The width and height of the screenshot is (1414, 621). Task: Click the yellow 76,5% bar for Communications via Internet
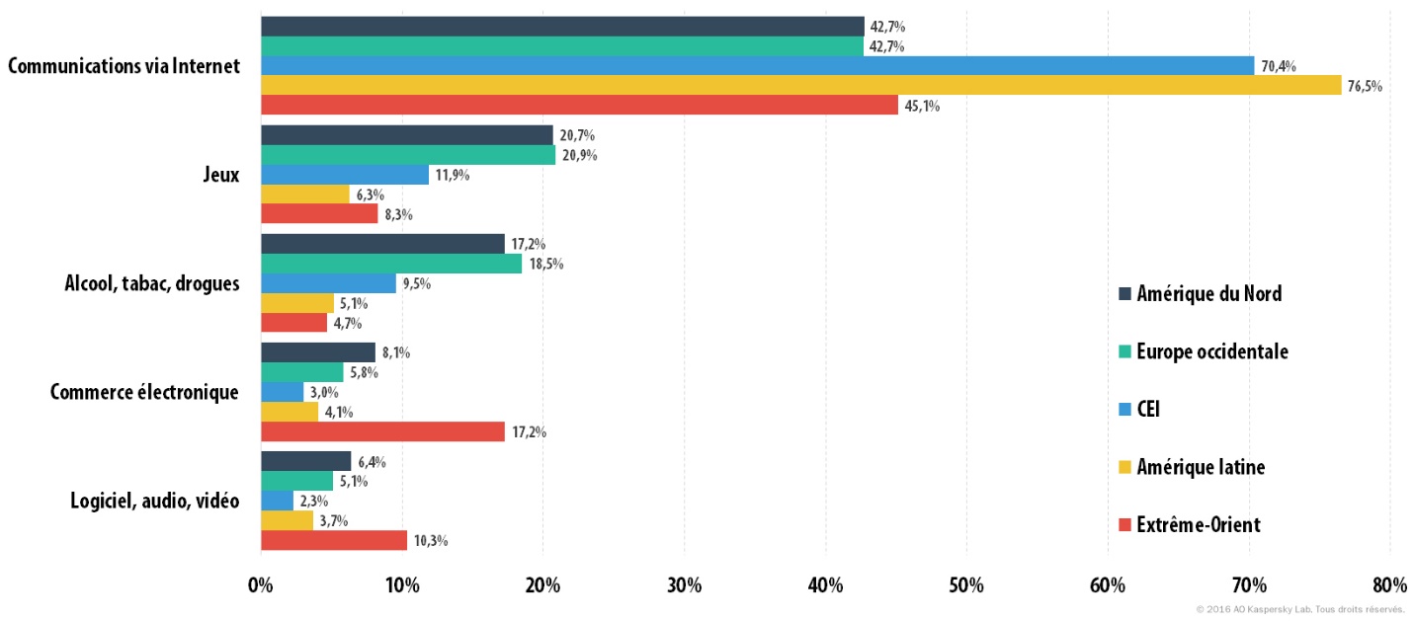(801, 85)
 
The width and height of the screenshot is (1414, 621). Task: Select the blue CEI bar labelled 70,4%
(758, 65)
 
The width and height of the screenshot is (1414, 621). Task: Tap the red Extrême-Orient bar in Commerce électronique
(383, 431)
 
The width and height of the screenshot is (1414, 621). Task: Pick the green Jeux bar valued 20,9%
(408, 155)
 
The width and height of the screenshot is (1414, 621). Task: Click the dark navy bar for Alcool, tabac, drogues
(383, 244)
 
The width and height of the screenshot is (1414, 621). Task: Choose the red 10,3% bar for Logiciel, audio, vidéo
(334, 540)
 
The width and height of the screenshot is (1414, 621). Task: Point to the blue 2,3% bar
(277, 501)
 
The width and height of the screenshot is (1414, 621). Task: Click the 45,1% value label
(922, 106)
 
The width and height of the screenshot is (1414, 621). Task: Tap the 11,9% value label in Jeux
(452, 175)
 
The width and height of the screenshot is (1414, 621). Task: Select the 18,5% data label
(546, 264)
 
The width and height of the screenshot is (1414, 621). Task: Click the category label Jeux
(221, 175)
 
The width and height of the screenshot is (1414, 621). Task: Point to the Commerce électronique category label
(144, 392)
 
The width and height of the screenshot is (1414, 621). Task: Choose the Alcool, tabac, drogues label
(152, 283)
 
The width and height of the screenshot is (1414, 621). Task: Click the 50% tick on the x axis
(966, 585)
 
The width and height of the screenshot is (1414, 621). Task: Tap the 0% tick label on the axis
(260, 585)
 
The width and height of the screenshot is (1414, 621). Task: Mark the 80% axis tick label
(1389, 585)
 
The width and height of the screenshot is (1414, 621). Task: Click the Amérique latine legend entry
(1192, 467)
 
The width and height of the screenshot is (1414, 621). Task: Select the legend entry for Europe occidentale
(1204, 351)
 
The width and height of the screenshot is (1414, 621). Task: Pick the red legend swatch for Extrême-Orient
(1124, 524)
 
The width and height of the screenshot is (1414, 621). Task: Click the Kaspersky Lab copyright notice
(1299, 610)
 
